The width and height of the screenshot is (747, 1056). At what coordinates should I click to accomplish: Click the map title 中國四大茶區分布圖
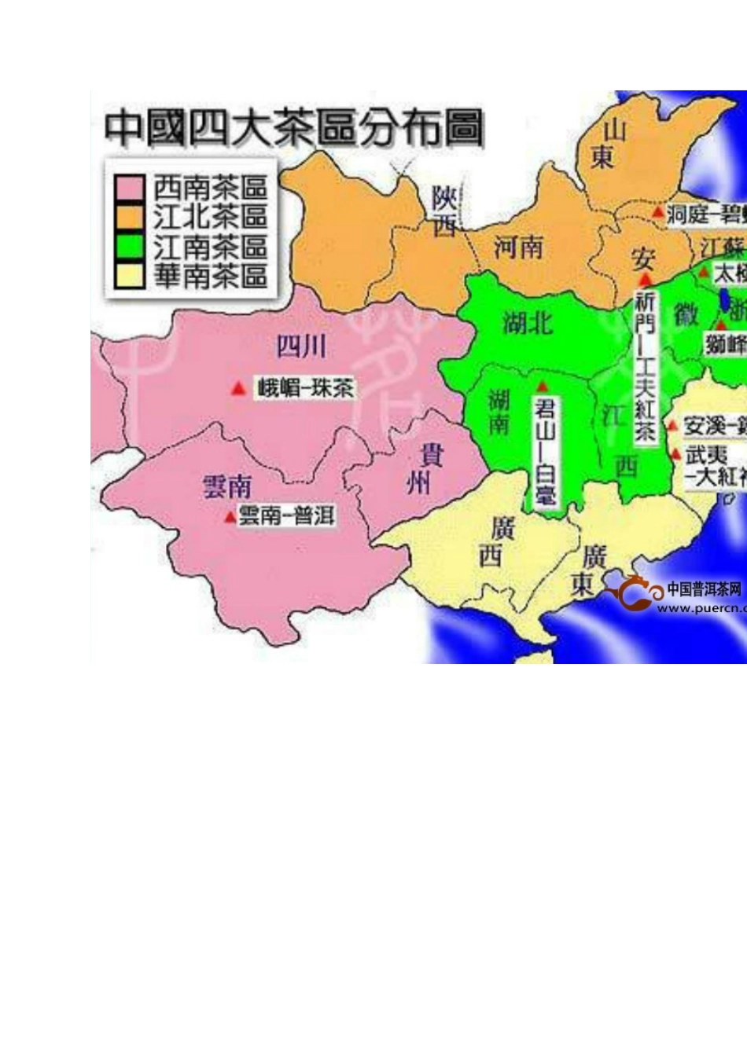293,128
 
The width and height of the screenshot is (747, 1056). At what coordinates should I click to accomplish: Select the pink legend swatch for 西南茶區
129,188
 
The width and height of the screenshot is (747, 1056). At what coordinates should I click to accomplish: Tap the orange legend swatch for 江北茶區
129,217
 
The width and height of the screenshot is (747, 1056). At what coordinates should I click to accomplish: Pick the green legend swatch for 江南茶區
129,246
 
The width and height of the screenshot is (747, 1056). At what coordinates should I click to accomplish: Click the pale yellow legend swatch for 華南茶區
129,275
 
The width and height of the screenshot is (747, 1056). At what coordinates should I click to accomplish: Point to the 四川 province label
300,346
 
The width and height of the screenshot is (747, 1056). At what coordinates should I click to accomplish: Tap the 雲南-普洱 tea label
286,515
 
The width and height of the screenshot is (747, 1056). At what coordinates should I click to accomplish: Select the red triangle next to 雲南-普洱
229,516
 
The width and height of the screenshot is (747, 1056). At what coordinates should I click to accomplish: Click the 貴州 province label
425,468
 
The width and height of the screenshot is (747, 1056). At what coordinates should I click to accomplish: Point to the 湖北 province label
527,322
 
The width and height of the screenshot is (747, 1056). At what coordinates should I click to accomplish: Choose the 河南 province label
518,247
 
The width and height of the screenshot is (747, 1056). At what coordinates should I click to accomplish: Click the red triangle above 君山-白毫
542,387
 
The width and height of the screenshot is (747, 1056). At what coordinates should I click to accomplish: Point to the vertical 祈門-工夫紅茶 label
646,366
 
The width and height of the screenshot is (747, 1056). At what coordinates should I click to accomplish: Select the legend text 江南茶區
211,246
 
